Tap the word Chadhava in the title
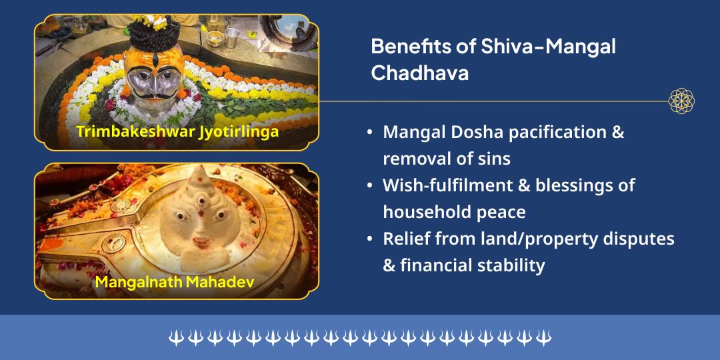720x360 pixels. pos(419,73)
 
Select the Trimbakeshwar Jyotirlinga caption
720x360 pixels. pos(177,131)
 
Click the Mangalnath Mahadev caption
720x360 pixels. pos(175,281)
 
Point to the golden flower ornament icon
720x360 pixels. pos(681,101)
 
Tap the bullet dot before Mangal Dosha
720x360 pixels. pos(370,133)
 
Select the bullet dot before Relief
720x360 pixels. pos(370,239)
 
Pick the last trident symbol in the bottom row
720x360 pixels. pos(544,338)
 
